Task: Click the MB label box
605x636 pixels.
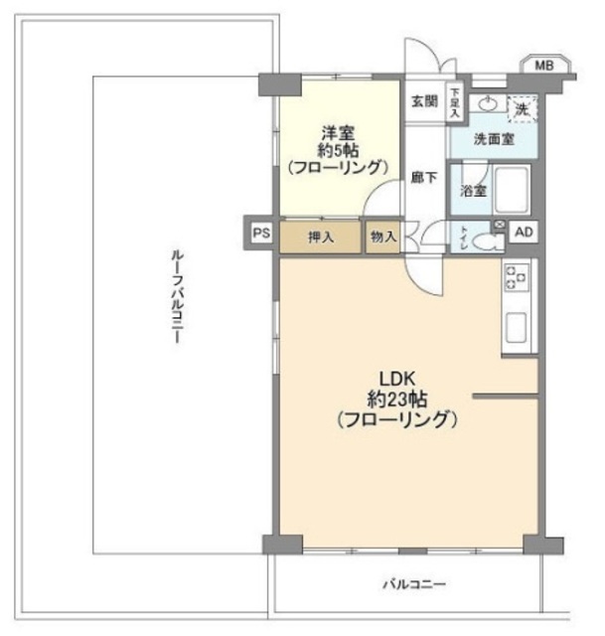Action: (x=543, y=66)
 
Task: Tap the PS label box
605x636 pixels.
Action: (x=260, y=234)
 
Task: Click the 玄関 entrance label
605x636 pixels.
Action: (x=425, y=100)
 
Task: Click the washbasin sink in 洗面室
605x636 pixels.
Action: (x=488, y=103)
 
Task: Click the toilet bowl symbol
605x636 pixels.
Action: (x=488, y=239)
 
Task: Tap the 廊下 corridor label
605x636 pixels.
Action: (x=424, y=178)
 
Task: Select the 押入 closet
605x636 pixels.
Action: (x=321, y=238)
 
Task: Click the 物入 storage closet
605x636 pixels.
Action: (x=383, y=238)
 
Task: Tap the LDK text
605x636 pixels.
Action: (x=395, y=378)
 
